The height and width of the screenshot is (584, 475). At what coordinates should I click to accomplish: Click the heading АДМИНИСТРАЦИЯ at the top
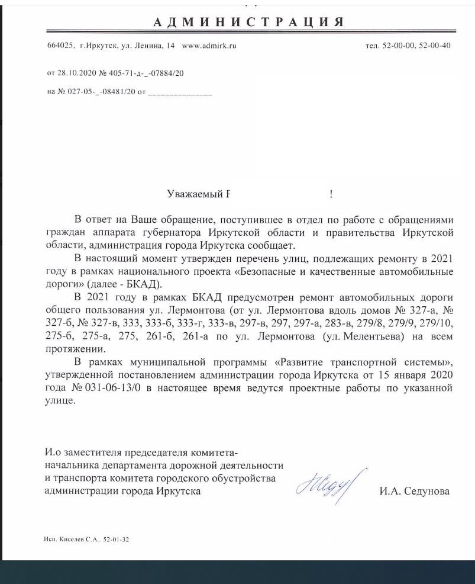(248, 23)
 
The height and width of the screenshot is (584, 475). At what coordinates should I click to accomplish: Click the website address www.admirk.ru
(209, 46)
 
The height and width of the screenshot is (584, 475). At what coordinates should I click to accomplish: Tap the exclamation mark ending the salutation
(331, 194)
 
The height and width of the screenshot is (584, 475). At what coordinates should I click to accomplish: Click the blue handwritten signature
(328, 485)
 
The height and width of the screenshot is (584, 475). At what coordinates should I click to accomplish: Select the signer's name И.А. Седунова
(414, 491)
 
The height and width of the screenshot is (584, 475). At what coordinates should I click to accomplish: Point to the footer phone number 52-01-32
(115, 540)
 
